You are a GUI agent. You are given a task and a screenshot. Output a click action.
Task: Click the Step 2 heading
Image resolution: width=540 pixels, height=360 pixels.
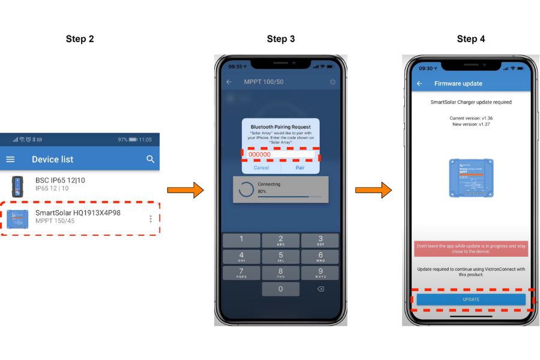[x=80, y=39]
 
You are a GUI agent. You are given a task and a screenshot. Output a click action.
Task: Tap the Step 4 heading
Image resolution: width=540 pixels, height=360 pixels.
[x=471, y=39]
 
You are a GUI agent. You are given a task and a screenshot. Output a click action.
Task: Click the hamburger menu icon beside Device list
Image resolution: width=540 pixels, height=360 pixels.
[x=11, y=159]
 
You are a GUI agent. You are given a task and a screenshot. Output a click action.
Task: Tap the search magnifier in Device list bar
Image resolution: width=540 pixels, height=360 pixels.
[x=150, y=159]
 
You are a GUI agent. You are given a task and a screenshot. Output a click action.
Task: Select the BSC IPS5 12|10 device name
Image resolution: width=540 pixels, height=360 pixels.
[x=60, y=180]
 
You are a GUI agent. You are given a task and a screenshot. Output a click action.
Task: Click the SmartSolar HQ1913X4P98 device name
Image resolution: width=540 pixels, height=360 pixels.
[x=78, y=212]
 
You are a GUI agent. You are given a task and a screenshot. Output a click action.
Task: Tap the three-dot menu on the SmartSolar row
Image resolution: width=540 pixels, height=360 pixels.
[x=150, y=219]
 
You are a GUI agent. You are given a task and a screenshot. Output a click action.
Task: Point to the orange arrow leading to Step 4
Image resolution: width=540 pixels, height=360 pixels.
[x=373, y=191]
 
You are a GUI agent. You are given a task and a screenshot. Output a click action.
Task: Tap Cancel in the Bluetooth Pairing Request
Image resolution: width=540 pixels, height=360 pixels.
[x=261, y=168]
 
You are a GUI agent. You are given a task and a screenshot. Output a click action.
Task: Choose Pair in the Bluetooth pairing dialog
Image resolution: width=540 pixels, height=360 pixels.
[x=300, y=168]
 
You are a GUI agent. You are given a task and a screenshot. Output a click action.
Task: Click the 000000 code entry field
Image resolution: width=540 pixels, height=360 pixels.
[x=281, y=155]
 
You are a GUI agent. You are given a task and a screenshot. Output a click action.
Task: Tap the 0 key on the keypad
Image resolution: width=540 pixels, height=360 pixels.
[x=280, y=289]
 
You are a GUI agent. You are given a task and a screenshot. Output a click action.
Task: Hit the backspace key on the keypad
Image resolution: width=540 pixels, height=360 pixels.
[x=320, y=289]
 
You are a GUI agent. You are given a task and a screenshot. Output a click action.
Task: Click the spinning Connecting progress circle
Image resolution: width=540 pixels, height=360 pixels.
[x=246, y=189]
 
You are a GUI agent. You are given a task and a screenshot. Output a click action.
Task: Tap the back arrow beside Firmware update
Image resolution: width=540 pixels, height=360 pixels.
[x=419, y=83]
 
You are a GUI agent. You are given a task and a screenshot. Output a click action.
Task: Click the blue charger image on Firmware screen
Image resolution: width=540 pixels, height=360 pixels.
[x=471, y=178]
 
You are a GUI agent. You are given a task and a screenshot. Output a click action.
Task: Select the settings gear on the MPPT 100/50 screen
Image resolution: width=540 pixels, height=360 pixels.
[x=332, y=82]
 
